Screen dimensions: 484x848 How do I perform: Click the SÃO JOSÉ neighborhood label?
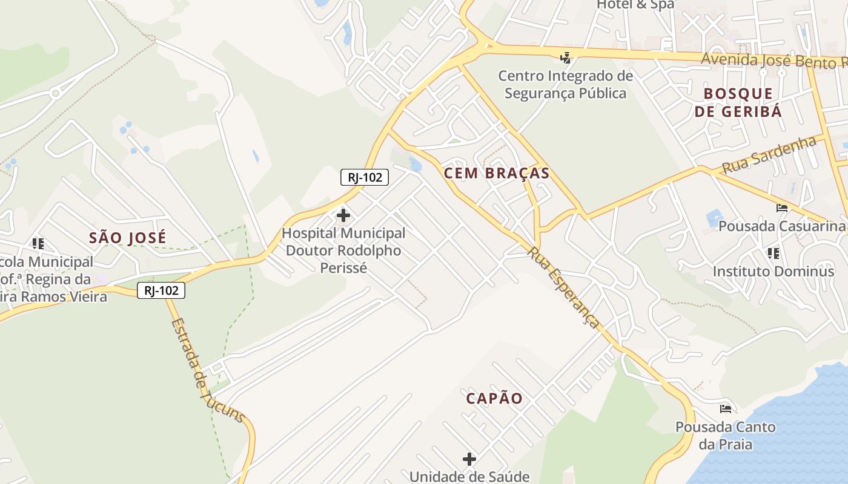[127, 238]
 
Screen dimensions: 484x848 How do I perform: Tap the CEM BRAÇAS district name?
[497, 174]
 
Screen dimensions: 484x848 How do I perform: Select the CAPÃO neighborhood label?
[494, 399]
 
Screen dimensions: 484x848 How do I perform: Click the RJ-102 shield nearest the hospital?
[364, 177]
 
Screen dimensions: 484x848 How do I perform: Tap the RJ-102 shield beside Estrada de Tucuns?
[161, 290]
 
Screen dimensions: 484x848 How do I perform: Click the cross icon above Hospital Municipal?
[343, 215]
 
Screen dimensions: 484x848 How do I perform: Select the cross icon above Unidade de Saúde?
[469, 459]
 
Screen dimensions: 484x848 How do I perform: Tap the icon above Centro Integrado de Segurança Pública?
[565, 58]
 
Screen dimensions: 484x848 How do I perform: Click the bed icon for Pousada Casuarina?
[782, 208]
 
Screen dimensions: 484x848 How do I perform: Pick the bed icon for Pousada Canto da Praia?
[726, 409]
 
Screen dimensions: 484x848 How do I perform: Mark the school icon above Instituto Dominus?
[773, 253]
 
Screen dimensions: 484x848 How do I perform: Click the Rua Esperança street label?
[564, 287]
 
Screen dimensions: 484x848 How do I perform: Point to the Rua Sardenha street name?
[769, 155]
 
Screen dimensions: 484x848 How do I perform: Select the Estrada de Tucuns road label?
[207, 371]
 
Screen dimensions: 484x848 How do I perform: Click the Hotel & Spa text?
[635, 5]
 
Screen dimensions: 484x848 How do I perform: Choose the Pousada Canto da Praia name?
[726, 436]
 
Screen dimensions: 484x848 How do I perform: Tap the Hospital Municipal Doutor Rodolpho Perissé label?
[343, 250]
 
